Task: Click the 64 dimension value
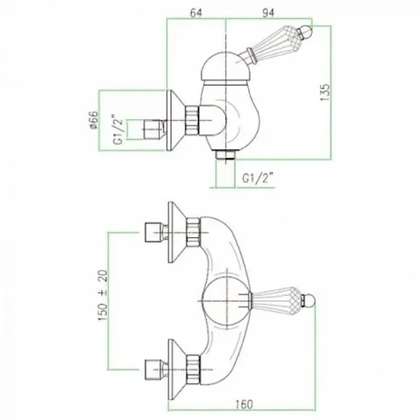pyautogui.click(x=196, y=13)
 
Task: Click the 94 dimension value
pyautogui.click(x=268, y=13)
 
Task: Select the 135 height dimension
pyautogui.click(x=325, y=92)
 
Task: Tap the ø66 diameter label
pyautogui.click(x=94, y=120)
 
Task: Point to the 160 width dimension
pyautogui.click(x=245, y=404)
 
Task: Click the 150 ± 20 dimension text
pyautogui.click(x=102, y=296)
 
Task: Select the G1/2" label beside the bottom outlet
pyautogui.click(x=258, y=178)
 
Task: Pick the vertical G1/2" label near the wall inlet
pyautogui.click(x=118, y=130)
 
